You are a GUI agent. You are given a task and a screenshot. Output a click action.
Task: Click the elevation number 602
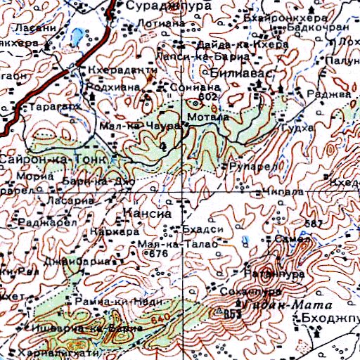206,96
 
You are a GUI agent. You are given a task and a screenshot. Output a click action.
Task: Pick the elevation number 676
158,253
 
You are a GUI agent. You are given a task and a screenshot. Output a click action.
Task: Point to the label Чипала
285,191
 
